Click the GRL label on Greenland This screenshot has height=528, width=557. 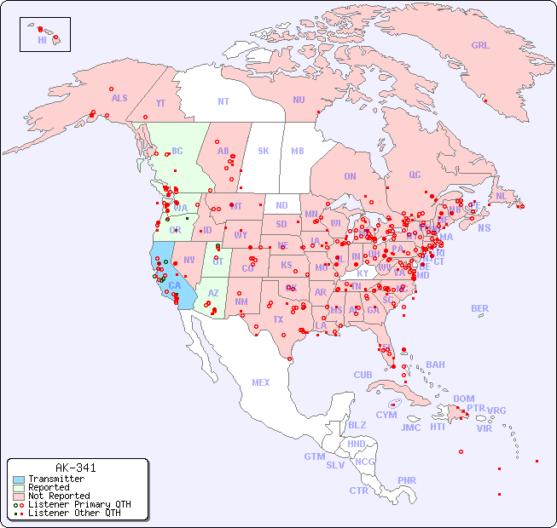(480, 46)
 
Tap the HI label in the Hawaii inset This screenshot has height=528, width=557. (42, 40)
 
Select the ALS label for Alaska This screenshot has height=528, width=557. (119, 99)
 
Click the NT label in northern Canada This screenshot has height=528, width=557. (223, 101)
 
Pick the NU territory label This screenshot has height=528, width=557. (299, 100)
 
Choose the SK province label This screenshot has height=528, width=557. (264, 151)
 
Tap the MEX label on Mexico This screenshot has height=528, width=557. (261, 382)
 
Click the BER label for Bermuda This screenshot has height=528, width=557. (479, 308)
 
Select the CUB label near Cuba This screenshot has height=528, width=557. (363, 375)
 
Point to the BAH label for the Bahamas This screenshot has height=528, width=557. (435, 364)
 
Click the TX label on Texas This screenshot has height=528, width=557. (277, 319)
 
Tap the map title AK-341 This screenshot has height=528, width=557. (75, 468)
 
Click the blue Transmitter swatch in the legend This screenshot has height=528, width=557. (18, 479)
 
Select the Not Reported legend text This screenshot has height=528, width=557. (58, 496)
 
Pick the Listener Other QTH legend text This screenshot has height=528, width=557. (73, 513)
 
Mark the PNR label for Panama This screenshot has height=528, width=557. (407, 480)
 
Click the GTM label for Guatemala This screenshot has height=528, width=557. (315, 456)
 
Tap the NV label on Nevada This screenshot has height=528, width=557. (189, 260)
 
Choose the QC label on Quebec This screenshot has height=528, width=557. (415, 175)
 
